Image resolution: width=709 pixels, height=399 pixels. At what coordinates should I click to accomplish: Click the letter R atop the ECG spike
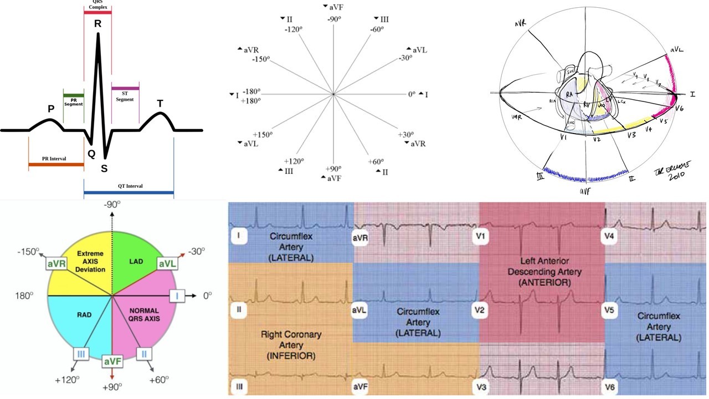[97, 24]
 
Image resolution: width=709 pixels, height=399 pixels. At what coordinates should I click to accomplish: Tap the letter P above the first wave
[51, 109]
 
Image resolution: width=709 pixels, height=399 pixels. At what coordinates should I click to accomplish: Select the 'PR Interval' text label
[54, 159]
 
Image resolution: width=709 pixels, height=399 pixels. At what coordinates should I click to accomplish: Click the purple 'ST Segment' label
[125, 96]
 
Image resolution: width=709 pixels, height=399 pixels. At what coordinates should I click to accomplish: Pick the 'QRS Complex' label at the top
[97, 5]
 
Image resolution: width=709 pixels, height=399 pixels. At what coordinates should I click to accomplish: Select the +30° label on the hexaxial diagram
[406, 135]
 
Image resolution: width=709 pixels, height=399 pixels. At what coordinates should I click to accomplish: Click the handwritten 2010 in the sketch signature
[677, 175]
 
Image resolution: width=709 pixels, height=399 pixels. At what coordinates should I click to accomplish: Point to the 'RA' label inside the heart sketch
[567, 95]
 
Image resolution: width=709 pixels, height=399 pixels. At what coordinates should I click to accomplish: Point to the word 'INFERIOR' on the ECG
[288, 355]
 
